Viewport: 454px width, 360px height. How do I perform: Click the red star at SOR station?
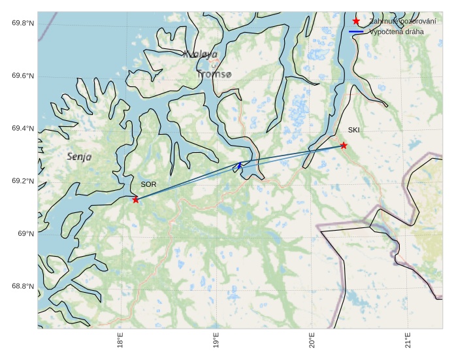coord(136,199)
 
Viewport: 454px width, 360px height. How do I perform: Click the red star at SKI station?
coord(344,145)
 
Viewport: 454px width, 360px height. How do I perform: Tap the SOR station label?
coord(148,185)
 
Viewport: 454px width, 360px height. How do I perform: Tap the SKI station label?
coord(353,130)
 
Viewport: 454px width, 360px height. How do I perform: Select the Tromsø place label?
coord(214,74)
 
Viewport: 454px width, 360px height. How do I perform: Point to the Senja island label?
coord(79,157)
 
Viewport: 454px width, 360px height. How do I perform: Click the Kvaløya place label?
coord(200,55)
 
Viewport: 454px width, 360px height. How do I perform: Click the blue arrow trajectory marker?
coord(240,165)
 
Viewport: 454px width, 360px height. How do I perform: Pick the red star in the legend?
coord(356,22)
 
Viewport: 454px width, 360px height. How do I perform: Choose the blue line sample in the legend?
coord(356,31)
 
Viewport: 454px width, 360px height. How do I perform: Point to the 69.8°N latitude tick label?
coord(23,24)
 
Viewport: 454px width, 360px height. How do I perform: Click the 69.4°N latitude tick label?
coord(23,129)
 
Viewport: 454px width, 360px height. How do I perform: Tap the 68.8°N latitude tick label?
coord(23,286)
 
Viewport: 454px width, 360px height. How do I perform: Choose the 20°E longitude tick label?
coord(312,343)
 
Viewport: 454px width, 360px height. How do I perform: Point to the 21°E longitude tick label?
coord(408,343)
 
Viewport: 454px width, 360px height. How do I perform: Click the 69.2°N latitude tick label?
coord(23,181)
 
